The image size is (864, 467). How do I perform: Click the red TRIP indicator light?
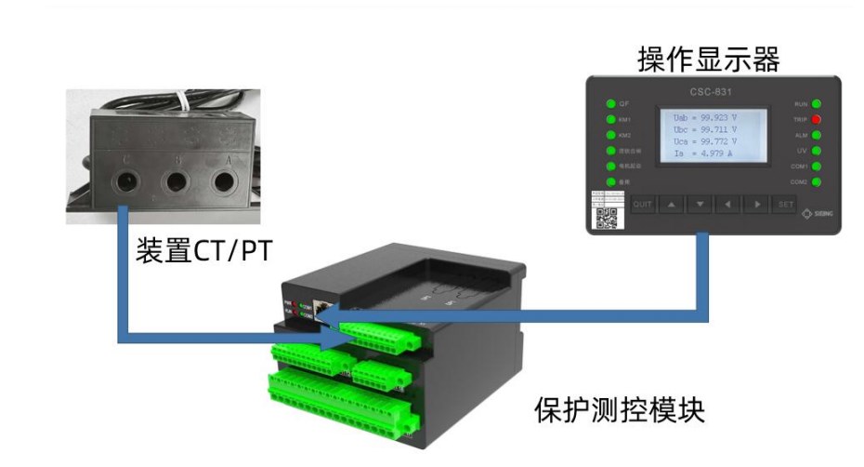pyautogui.click(x=817, y=120)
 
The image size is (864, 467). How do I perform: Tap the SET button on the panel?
pyautogui.click(x=786, y=204)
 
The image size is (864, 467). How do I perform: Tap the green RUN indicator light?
pyautogui.click(x=817, y=104)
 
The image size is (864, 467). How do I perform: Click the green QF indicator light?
pyautogui.click(x=611, y=104)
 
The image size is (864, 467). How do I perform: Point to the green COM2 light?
pyautogui.click(x=817, y=181)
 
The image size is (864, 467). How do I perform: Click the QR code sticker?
pyautogui.click(x=607, y=217)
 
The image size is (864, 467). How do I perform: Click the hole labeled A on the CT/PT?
pyautogui.click(x=222, y=180)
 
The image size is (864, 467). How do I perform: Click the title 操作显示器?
pyautogui.click(x=708, y=59)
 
